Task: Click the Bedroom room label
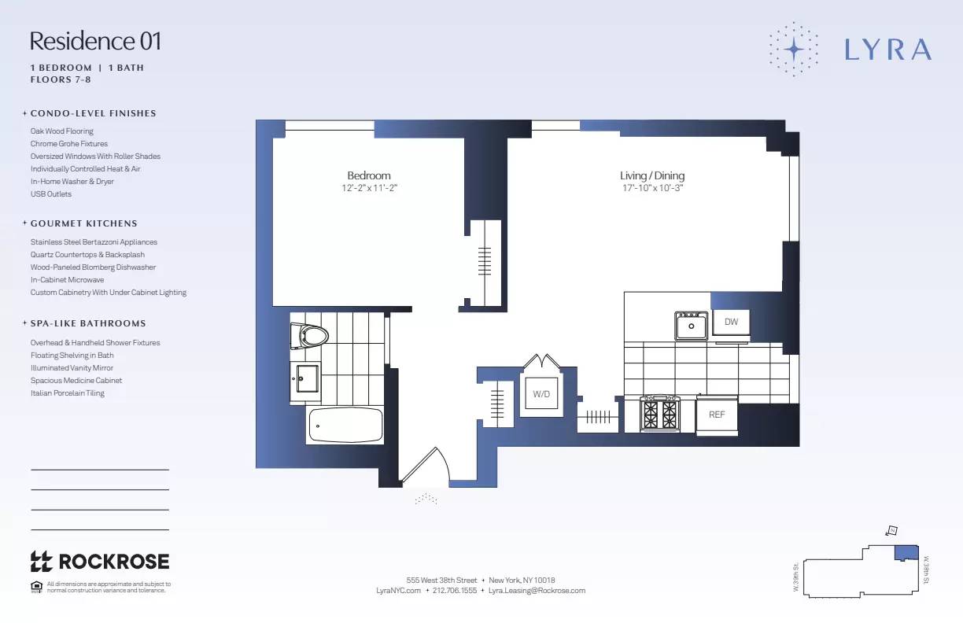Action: coord(369,175)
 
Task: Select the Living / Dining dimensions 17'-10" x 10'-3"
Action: coord(651,189)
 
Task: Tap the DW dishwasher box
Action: coord(731,323)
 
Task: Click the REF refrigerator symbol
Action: coord(717,415)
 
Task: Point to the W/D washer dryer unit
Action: coord(541,394)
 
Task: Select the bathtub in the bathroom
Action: coord(345,426)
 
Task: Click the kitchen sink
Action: coord(691,326)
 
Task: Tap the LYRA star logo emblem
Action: coord(794,49)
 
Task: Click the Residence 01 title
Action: coord(95,41)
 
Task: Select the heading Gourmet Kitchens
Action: coord(83,223)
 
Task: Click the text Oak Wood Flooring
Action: coord(62,131)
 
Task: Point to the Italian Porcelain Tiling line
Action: coord(68,393)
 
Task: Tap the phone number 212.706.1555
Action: coord(455,590)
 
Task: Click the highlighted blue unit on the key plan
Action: coord(907,552)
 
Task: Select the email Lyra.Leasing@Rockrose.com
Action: coord(537,590)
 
